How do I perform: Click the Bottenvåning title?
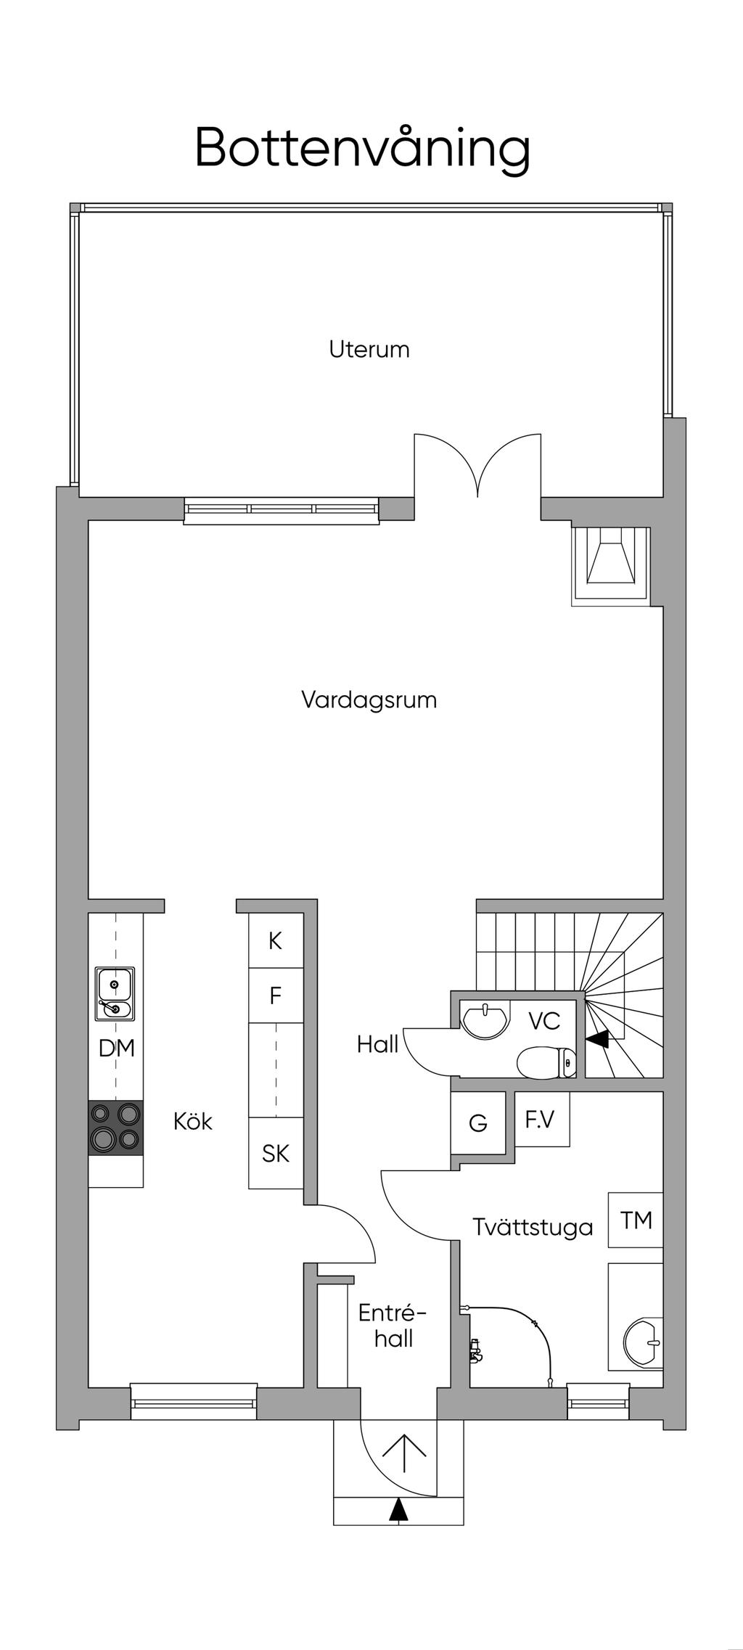click(x=362, y=149)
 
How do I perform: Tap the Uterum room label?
click(x=369, y=349)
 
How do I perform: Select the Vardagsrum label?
click(x=369, y=700)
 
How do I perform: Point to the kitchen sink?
click(x=115, y=993)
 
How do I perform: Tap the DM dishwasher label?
click(x=117, y=1048)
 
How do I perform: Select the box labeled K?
click(x=276, y=940)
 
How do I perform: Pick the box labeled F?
click(x=276, y=996)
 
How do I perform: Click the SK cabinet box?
click(x=276, y=1153)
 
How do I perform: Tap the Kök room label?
click(x=193, y=1121)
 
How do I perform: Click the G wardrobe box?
click(x=478, y=1123)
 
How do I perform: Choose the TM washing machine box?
click(x=636, y=1220)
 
